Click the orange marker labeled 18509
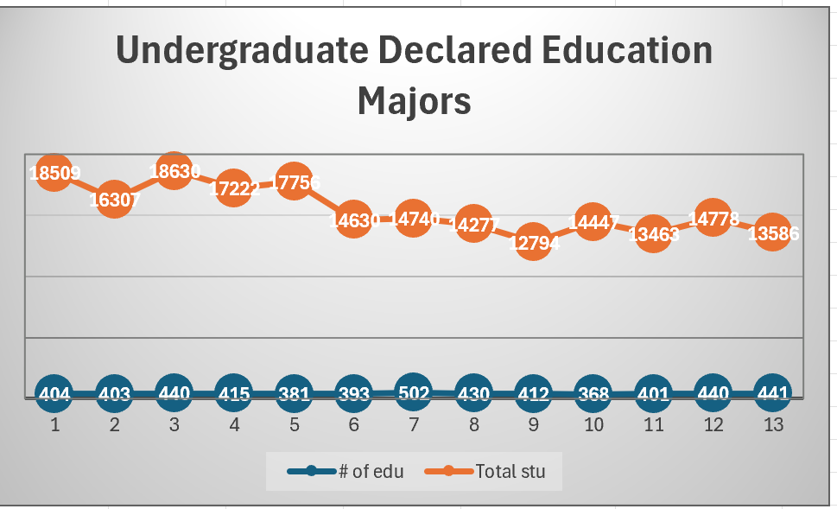click(54, 172)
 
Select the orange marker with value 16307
click(114, 199)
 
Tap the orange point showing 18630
click(174, 170)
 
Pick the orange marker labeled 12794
click(533, 242)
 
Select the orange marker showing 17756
click(294, 181)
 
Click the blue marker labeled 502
click(414, 392)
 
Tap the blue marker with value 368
click(593, 394)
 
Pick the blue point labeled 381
click(294, 394)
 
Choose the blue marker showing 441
click(772, 394)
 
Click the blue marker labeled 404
click(54, 394)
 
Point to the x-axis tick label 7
click(414, 424)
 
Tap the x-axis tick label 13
click(772, 424)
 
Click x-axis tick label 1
click(54, 424)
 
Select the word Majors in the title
click(415, 101)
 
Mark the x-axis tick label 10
click(593, 424)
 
